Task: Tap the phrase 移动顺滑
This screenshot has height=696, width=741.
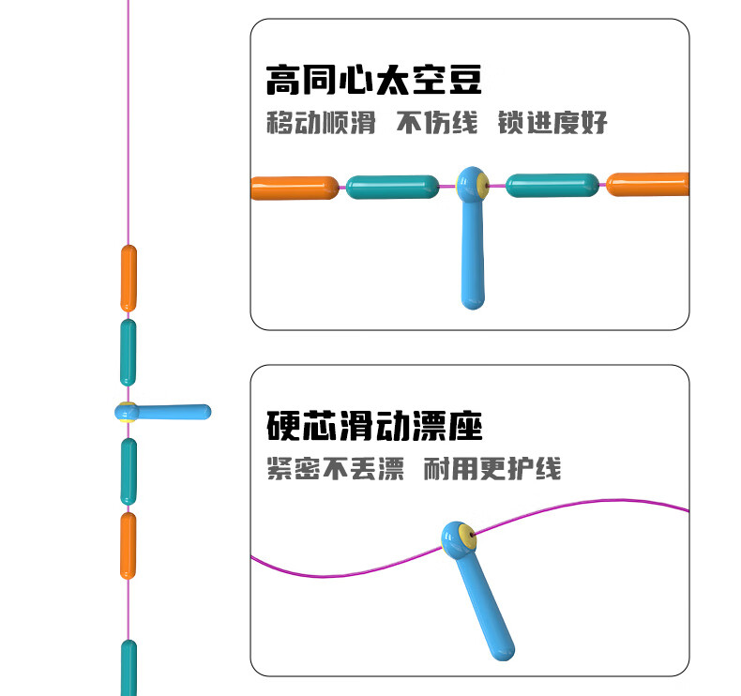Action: pyautogui.click(x=320, y=123)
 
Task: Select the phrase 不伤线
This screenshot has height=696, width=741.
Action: pyautogui.click(x=436, y=123)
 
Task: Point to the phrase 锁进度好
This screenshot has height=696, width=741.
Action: pyautogui.click(x=552, y=123)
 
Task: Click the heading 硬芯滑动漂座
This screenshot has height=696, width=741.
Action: pyautogui.click(x=373, y=426)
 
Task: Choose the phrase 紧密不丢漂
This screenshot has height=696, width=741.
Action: pyautogui.click(x=335, y=468)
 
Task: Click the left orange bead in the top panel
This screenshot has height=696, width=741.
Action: pyautogui.click(x=295, y=188)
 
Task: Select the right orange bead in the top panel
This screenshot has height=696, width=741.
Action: pyautogui.click(x=648, y=185)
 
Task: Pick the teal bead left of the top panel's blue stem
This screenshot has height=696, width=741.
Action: pyautogui.click(x=392, y=187)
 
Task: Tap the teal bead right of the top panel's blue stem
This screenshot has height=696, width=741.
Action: pyautogui.click(x=552, y=185)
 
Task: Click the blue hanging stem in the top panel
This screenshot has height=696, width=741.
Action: pyautogui.click(x=473, y=253)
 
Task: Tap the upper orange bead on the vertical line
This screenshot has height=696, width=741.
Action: pyautogui.click(x=129, y=278)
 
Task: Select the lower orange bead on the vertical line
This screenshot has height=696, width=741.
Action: pyautogui.click(x=128, y=545)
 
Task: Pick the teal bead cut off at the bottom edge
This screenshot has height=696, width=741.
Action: pyautogui.click(x=129, y=668)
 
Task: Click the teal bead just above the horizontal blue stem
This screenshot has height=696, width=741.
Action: pyautogui.click(x=128, y=352)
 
